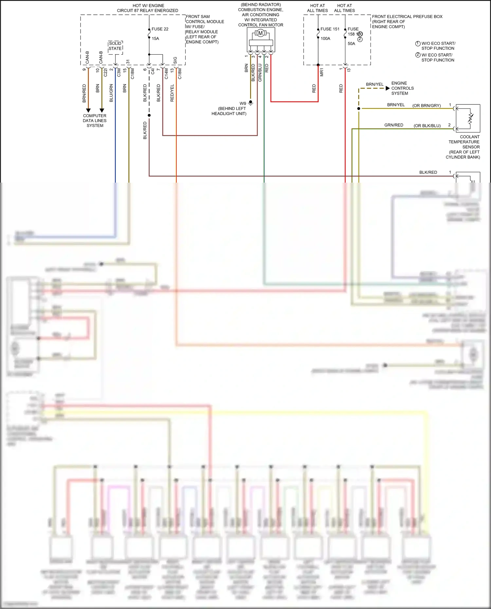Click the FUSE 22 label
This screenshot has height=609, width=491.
tap(160, 29)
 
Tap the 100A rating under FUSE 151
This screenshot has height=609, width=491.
tap(325, 39)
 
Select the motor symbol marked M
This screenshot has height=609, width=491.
tap(261, 33)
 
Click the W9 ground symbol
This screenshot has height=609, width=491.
tap(251, 103)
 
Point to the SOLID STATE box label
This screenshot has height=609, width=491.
tap(115, 46)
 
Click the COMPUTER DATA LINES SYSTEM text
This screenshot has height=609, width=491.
tap(95, 120)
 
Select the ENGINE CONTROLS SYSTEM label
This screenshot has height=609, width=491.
tap(402, 88)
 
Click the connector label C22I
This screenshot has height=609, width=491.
tap(105, 73)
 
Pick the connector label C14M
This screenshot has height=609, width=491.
tap(166, 74)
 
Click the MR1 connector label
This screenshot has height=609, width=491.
tap(322, 73)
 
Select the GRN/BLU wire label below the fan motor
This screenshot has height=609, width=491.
tap(260, 73)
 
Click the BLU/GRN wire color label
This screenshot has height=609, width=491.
tap(111, 93)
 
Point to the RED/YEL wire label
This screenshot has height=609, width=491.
tap(172, 93)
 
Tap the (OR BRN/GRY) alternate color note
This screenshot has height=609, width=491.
tap(427, 106)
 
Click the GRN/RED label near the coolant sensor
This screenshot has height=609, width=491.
tap(393, 125)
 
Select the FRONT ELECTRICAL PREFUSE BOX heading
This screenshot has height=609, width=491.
tap(407, 17)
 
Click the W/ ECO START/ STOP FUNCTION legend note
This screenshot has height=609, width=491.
tap(438, 58)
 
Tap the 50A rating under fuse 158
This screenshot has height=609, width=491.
tap(351, 44)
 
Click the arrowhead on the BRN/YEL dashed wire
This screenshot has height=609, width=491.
tap(388, 88)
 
